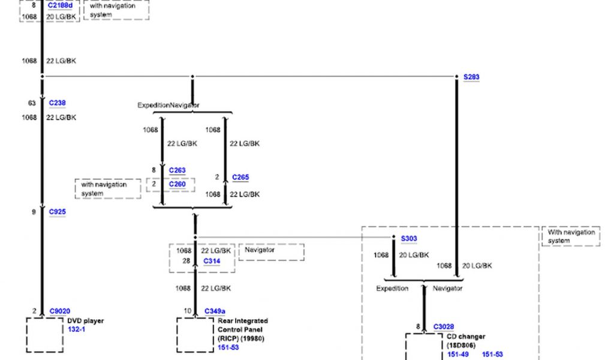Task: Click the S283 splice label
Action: click(471, 77)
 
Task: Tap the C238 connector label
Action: click(57, 103)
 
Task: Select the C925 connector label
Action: click(57, 212)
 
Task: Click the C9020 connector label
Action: click(59, 311)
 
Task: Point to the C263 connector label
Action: click(177, 170)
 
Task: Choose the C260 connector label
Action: click(177, 184)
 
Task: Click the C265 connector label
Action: click(240, 178)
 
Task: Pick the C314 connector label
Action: click(212, 261)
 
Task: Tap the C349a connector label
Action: click(215, 311)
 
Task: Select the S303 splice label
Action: click(409, 239)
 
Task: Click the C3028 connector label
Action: click(444, 327)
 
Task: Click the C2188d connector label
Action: click(61, 5)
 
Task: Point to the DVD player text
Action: click(85, 321)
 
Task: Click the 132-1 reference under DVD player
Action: click(77, 330)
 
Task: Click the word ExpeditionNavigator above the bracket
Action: click(168, 106)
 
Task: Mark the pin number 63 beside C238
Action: click(32, 103)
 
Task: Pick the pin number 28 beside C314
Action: click(186, 261)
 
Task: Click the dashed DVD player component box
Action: click(45, 335)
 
